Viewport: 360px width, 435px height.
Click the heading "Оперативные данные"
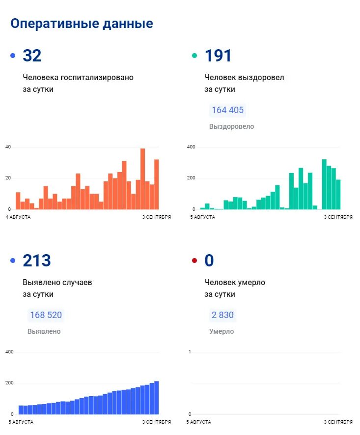tap(82, 24)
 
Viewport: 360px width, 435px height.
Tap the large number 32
tap(32, 56)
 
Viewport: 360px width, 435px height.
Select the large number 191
tap(218, 56)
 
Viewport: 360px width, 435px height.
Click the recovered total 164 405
tap(227, 110)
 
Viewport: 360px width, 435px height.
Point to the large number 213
tap(37, 261)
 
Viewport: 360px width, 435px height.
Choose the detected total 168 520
tap(46, 315)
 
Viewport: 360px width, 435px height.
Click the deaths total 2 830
tap(222, 315)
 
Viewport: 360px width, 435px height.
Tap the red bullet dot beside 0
tap(194, 261)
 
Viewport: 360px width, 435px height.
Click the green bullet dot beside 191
tap(194, 56)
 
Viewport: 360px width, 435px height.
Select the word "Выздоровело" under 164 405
tap(231, 127)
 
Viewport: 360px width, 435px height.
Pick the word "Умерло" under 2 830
tap(222, 332)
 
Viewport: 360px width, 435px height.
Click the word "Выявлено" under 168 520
tap(44, 332)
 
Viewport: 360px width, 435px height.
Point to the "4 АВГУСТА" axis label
tap(19, 217)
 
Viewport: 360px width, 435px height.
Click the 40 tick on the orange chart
tap(8, 147)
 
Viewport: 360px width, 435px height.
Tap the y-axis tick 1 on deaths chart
tap(190, 352)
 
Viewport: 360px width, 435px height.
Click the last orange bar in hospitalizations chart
tap(157, 184)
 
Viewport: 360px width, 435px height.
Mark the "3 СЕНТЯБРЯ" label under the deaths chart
tap(338, 422)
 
